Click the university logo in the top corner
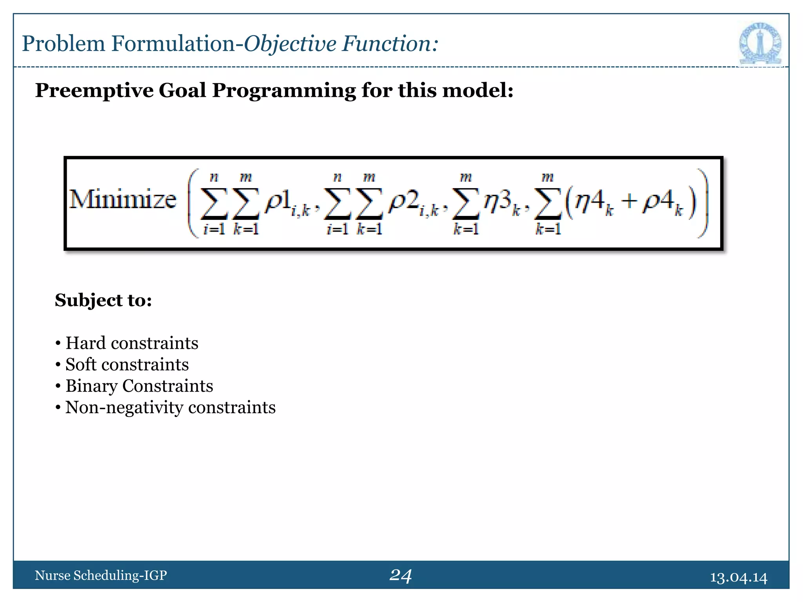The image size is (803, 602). coord(760,44)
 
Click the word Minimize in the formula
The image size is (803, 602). coord(123,199)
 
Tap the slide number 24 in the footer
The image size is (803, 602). coord(400,575)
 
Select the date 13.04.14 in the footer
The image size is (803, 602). coord(738,577)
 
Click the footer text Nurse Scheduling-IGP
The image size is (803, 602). coord(101,575)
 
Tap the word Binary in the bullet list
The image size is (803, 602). coord(91,386)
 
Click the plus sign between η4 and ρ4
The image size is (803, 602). coord(629,201)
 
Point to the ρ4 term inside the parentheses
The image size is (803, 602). coord(659,201)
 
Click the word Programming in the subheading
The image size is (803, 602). coord(284,91)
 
